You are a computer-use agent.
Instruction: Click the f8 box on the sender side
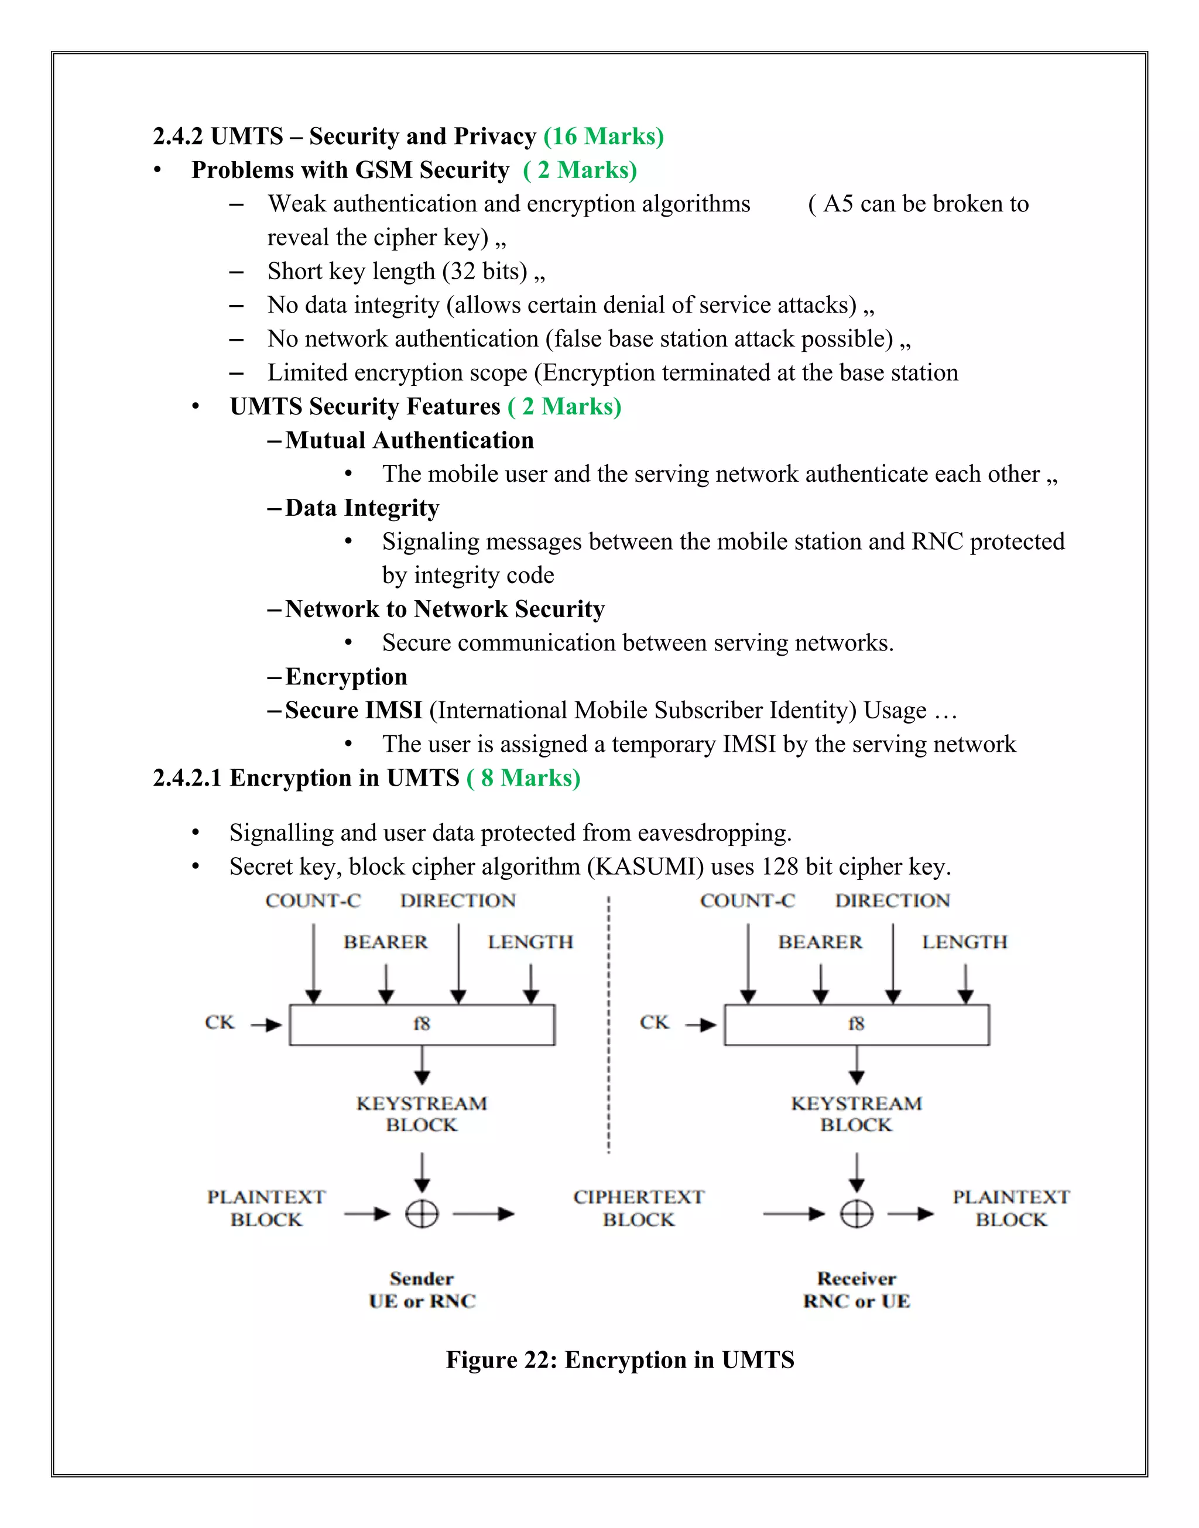[422, 1025]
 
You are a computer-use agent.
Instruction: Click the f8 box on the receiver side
[857, 1025]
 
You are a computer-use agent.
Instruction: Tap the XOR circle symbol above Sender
[422, 1214]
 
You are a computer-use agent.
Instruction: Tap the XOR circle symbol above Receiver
[857, 1214]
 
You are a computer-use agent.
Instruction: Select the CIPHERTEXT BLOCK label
[638, 1208]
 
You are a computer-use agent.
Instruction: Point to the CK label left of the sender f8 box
[220, 1022]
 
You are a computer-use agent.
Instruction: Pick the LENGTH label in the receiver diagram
[965, 942]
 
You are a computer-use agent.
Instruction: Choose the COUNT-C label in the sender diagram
[313, 900]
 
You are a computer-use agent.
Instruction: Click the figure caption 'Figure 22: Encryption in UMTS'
[620, 1359]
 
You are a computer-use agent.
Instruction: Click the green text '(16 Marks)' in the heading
[604, 136]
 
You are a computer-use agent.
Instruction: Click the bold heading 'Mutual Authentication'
[409, 440]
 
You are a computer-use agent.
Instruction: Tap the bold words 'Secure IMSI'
[354, 710]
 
